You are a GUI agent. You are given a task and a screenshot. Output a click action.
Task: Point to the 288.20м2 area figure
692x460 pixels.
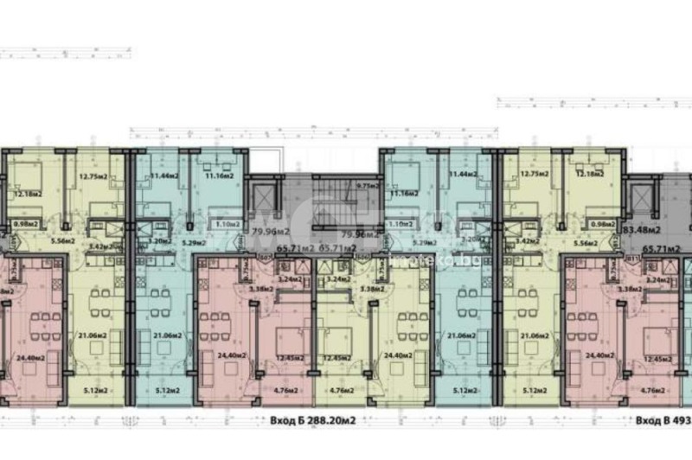334,423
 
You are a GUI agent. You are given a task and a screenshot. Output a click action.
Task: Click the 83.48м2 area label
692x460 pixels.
641,229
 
